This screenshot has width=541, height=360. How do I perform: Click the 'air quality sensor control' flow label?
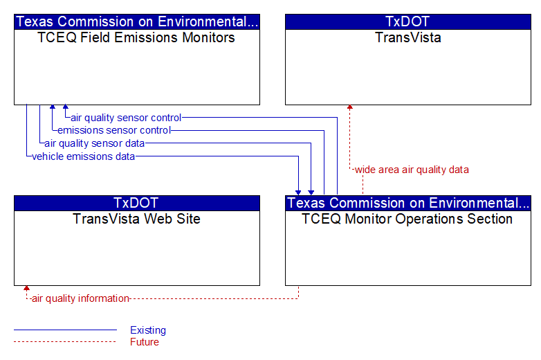[x=126, y=118]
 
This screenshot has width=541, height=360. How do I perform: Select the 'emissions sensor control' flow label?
[x=114, y=130]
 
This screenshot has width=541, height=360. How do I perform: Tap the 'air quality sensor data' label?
[x=95, y=143]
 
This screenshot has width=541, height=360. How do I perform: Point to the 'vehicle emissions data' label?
[x=83, y=156]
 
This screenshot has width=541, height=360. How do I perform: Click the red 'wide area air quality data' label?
[x=412, y=170]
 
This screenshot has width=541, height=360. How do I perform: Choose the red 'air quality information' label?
[x=80, y=298]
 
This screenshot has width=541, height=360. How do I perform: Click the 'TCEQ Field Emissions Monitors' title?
[x=136, y=37]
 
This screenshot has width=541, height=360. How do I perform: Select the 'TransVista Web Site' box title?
[x=136, y=219]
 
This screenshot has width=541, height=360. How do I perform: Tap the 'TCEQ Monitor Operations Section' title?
[x=407, y=219]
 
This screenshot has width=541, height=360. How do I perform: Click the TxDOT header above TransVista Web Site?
[x=136, y=203]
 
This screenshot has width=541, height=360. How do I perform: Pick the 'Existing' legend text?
[x=148, y=330]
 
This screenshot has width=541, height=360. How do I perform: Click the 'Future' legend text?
[x=145, y=342]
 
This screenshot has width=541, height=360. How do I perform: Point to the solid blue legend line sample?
[x=65, y=330]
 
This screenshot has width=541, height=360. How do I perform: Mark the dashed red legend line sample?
[x=65, y=342]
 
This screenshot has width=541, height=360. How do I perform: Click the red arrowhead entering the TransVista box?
[x=350, y=107]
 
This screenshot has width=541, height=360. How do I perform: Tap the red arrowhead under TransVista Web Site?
[x=26, y=288]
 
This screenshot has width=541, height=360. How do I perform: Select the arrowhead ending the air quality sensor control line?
[x=66, y=107]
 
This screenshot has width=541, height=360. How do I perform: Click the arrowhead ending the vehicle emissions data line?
[x=298, y=192]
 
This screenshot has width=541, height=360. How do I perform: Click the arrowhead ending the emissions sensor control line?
[x=53, y=107]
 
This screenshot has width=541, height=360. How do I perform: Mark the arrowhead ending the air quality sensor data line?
[x=311, y=192]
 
